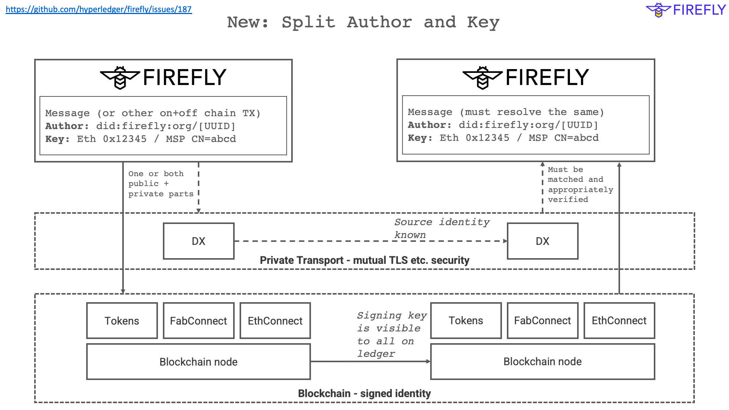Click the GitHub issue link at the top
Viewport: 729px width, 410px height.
pos(99,9)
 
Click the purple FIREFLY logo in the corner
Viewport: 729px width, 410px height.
pos(686,10)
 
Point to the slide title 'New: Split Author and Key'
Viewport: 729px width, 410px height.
pos(363,22)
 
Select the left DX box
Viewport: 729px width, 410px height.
pos(199,241)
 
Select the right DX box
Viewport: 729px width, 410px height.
pos(543,241)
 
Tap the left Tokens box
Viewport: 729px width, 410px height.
pos(122,321)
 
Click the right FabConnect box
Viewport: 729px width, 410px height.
pos(543,321)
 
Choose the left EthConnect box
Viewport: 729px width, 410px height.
pos(275,321)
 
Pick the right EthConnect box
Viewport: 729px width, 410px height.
pos(619,321)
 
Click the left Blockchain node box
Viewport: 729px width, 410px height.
pos(199,362)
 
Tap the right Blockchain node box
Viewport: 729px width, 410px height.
pos(543,362)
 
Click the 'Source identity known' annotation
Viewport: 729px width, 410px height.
pos(442,228)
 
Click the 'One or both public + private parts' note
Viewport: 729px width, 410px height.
pos(161,184)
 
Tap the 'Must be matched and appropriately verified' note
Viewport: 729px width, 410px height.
pos(580,184)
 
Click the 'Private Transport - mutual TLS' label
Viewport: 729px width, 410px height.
pos(364,260)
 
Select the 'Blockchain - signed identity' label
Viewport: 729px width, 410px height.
pos(364,394)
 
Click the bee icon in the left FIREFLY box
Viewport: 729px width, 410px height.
pos(120,77)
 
